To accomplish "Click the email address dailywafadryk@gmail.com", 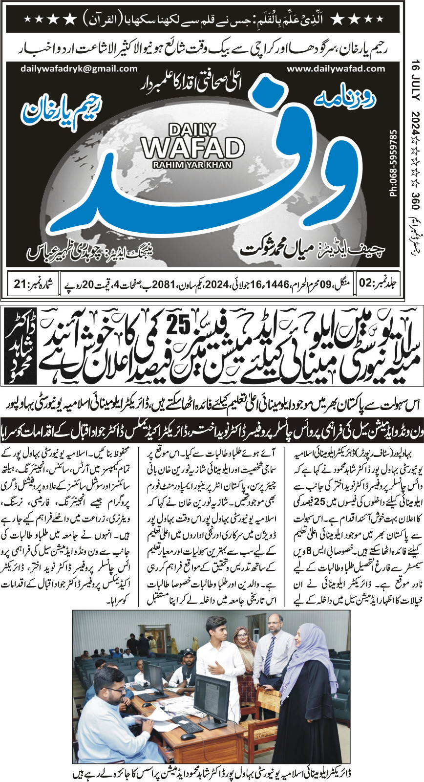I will click(x=79, y=69).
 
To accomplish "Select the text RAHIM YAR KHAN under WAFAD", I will click(x=193, y=164).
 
